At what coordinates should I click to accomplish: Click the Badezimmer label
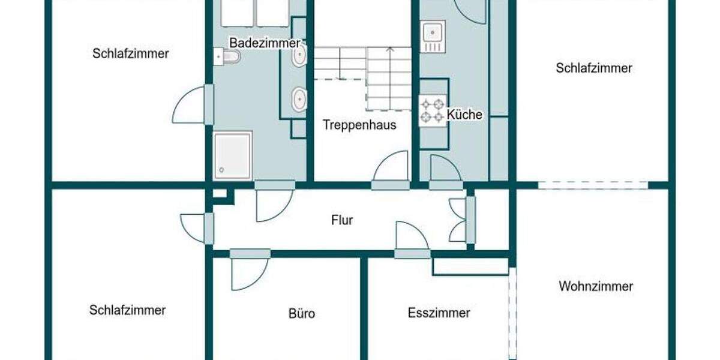tap(265, 43)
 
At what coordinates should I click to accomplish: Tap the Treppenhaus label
tap(359, 125)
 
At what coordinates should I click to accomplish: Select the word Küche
tap(465, 115)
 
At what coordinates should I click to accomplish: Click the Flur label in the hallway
tap(342, 220)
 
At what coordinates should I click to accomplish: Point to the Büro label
tap(301, 314)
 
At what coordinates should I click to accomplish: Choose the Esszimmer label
tap(439, 313)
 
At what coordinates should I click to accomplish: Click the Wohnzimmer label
tap(595, 286)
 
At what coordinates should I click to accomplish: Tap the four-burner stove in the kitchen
tap(433, 110)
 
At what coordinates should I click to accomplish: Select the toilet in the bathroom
tap(229, 56)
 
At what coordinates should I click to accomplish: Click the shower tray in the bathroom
tap(233, 155)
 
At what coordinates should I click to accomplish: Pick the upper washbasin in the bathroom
tap(299, 55)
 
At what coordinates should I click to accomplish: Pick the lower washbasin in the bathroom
tap(299, 99)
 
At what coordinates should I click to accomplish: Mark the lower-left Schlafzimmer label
tap(127, 310)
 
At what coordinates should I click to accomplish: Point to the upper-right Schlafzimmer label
tap(593, 68)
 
